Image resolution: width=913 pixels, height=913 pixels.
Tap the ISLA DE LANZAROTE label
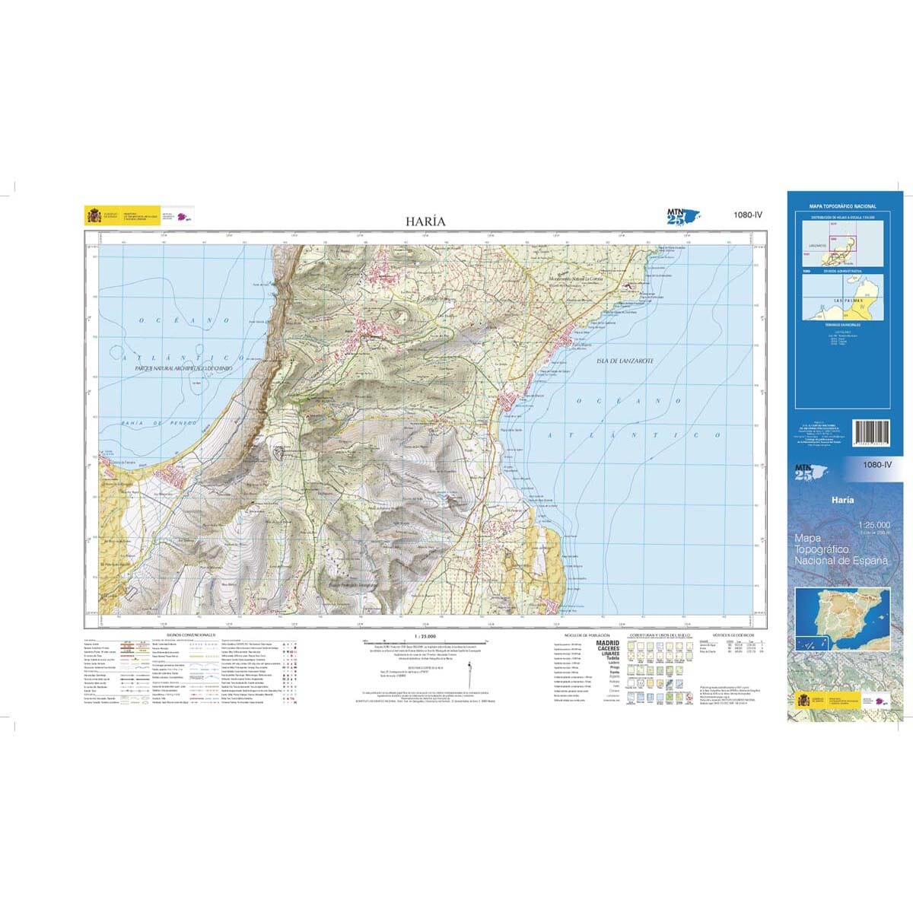point(621,361)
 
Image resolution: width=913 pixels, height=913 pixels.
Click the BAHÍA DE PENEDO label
point(159,422)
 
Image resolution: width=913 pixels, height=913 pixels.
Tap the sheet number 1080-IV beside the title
point(748,215)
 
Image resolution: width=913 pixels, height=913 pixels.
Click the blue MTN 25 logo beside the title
point(682,218)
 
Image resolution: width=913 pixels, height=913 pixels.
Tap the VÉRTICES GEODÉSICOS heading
point(733,633)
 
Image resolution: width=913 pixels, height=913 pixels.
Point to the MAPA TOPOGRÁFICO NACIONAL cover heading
point(842,206)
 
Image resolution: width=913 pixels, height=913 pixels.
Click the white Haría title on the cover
point(842,500)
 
